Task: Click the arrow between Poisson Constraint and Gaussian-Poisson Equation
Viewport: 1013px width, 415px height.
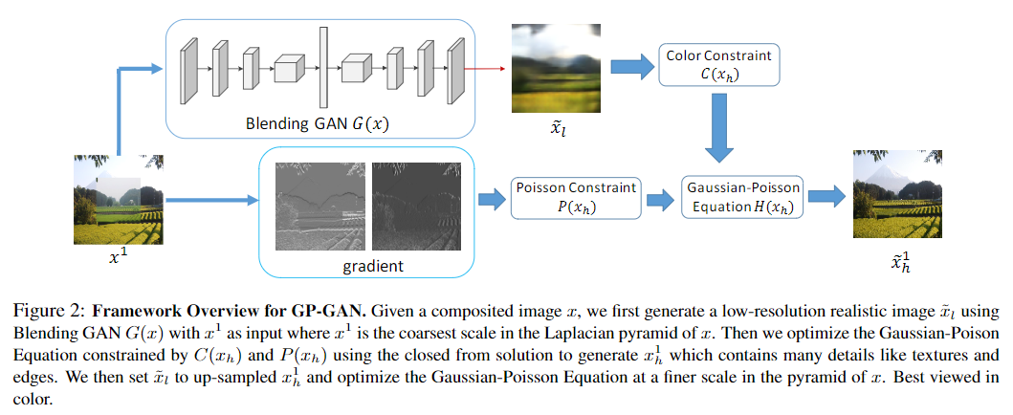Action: (658, 199)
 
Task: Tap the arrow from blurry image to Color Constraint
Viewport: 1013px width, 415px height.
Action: (628, 65)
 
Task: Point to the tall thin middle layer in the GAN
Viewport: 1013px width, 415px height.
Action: (323, 68)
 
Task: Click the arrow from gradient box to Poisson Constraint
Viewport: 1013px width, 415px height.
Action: (490, 199)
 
